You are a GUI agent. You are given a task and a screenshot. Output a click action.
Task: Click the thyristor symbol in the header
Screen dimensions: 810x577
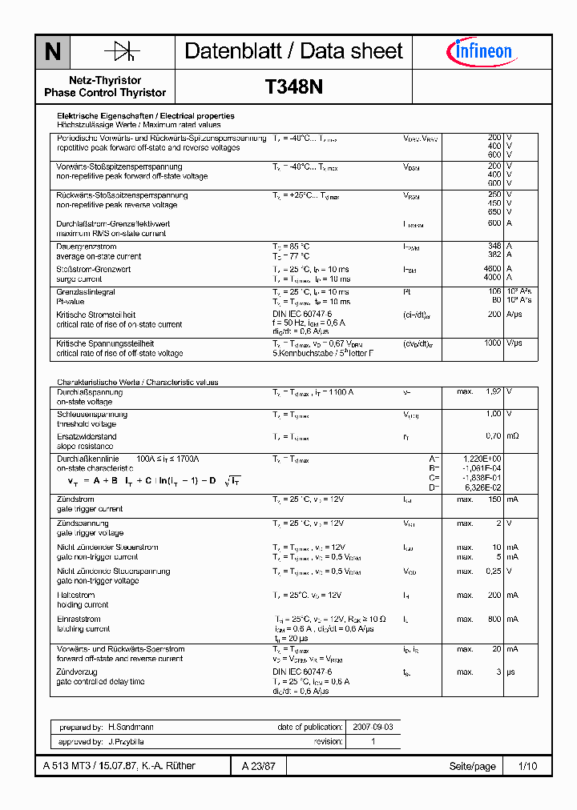tap(122, 52)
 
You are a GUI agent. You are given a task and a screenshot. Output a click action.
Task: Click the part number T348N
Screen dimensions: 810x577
tap(293, 87)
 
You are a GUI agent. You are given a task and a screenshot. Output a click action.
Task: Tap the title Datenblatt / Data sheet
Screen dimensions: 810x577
tap(293, 51)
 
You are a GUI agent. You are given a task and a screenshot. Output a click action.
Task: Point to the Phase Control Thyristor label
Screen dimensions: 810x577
tap(105, 93)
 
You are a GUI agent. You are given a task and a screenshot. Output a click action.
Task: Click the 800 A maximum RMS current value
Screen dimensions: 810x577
tap(494, 224)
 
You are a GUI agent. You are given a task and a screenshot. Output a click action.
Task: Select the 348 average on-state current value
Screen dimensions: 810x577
tap(494, 247)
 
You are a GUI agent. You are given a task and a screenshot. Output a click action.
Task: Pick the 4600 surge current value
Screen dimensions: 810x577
tap(492, 270)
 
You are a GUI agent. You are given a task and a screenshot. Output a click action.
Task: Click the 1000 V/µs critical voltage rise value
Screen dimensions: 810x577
tap(492, 343)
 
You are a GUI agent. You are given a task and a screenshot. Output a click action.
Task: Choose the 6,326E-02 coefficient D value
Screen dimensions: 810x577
tap(483, 487)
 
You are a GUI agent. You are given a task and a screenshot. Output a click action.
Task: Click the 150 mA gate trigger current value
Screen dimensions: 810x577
tap(494, 499)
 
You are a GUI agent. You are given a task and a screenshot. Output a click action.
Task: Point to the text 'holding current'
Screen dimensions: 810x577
tap(83, 605)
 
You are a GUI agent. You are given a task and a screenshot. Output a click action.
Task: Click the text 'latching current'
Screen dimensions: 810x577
tap(83, 629)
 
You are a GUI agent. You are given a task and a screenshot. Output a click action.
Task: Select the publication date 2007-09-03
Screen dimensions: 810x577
tap(373, 728)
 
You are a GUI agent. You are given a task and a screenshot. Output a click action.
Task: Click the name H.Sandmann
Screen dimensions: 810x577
tap(131, 728)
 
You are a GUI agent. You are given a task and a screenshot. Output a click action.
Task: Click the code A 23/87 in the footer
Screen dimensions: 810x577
tap(259, 766)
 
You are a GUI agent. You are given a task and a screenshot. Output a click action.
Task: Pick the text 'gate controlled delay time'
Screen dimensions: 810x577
tap(101, 681)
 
